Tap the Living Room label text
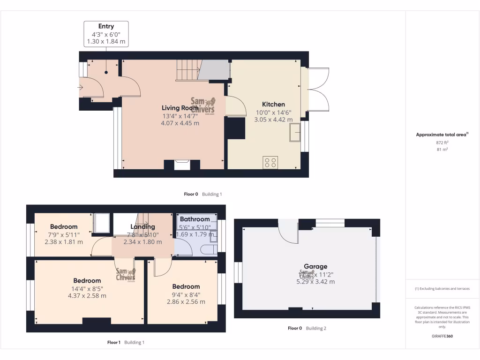(180, 108)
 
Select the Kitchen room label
(273, 104)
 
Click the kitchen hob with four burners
(270, 162)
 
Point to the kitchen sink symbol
(295, 132)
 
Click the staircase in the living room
(187, 70)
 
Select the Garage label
(315, 266)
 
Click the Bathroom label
(195, 219)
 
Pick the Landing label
(142, 227)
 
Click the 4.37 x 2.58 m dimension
(87, 296)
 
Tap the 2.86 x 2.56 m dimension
(186, 301)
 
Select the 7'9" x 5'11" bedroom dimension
(63, 234)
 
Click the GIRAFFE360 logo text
(442, 336)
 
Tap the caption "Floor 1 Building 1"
(126, 342)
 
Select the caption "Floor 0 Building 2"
(307, 328)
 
